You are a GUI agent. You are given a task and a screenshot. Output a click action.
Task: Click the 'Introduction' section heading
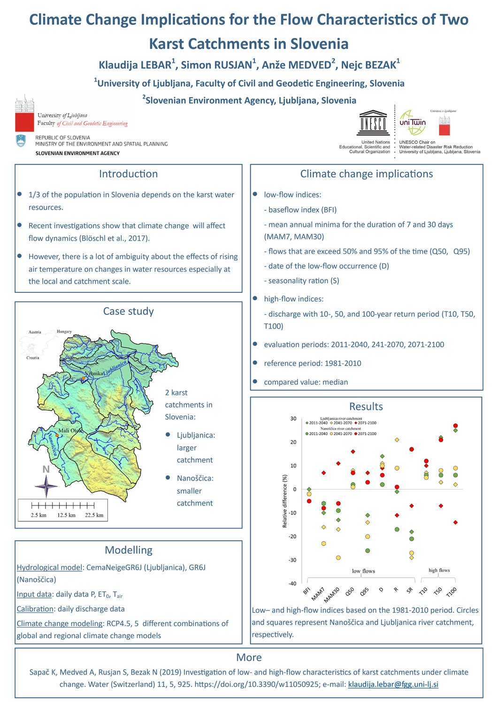pyautogui.click(x=128, y=174)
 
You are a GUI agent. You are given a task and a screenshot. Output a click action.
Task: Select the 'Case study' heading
pyautogui.click(x=128, y=311)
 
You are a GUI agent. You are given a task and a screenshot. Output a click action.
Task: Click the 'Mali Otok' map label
pyautogui.click(x=69, y=430)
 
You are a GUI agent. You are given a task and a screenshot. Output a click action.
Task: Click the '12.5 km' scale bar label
pyautogui.click(x=66, y=515)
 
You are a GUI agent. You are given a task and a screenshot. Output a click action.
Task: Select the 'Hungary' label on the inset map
pyautogui.click(x=64, y=331)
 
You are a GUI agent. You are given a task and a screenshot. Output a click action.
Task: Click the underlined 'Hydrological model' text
pyautogui.click(x=49, y=567)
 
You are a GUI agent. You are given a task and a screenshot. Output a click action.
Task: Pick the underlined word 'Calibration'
pyautogui.click(x=35, y=609)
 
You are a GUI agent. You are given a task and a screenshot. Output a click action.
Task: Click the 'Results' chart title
pyautogui.click(x=366, y=406)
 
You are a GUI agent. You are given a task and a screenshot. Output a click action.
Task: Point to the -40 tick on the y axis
pyautogui.click(x=292, y=583)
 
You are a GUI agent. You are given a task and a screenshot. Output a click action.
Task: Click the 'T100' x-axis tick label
pyautogui.click(x=452, y=592)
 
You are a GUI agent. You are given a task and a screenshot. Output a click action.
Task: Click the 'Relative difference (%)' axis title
pyautogui.click(x=284, y=501)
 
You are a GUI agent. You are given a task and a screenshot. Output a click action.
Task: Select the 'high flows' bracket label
pyautogui.click(x=439, y=570)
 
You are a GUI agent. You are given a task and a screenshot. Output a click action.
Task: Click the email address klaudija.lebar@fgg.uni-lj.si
pyautogui.click(x=393, y=684)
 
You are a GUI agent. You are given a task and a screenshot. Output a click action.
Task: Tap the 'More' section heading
pyautogui.click(x=249, y=657)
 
